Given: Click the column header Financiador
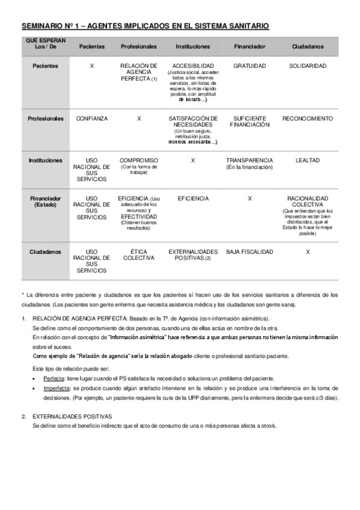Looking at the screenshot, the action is [x=249, y=46].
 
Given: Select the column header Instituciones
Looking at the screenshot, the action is [x=192, y=46].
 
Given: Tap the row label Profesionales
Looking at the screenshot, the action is [x=46, y=118].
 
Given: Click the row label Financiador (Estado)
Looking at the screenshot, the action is [x=46, y=201].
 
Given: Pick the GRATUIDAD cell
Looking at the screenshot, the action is [x=249, y=65].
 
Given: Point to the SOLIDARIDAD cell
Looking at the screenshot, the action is [x=307, y=65].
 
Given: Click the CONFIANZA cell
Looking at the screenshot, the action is [x=91, y=118].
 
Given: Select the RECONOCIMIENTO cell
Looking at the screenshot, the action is [x=307, y=118].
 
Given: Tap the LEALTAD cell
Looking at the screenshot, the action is [x=307, y=161].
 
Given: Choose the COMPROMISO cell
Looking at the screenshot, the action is [x=139, y=161].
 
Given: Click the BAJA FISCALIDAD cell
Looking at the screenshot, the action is [x=249, y=251].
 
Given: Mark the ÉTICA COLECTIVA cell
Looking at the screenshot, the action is [x=139, y=254].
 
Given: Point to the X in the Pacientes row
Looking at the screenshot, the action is [x=91, y=65].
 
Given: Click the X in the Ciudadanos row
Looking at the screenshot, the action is [x=307, y=251].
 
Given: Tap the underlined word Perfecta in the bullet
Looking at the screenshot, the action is [x=54, y=378].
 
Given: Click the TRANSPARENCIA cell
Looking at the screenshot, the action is [x=249, y=161].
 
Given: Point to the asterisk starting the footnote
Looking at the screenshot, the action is [x=22, y=295].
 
